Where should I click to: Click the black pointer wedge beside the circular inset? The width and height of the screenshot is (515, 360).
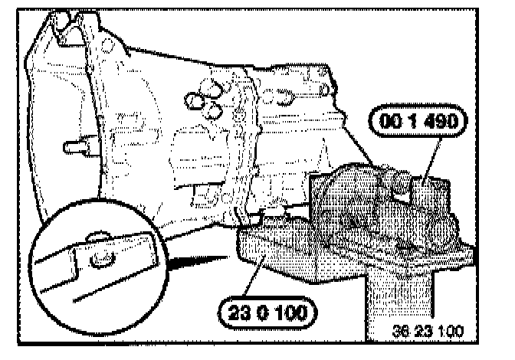click(184, 258)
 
